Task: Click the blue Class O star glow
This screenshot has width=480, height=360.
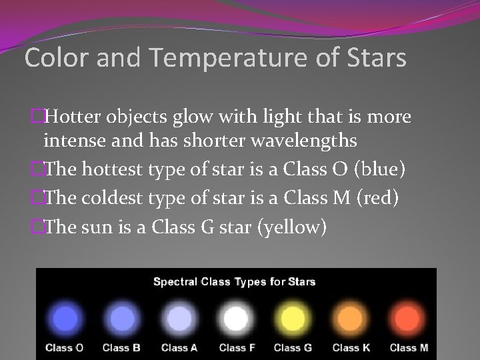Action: point(64,318)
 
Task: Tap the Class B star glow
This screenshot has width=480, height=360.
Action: point(120,318)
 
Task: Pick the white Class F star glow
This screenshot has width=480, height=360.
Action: point(235,318)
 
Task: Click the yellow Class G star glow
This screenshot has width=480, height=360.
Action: point(292,318)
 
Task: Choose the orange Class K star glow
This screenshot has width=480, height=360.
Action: point(349,318)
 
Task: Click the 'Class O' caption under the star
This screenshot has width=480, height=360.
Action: point(64,347)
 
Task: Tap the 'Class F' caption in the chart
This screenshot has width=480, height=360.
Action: point(236,347)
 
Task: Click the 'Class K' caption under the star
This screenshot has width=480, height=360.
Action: point(350,347)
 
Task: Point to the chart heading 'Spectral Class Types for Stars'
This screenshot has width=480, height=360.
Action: point(235,281)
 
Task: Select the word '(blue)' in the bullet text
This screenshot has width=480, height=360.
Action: point(381,169)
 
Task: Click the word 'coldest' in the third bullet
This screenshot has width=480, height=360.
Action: point(113,199)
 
